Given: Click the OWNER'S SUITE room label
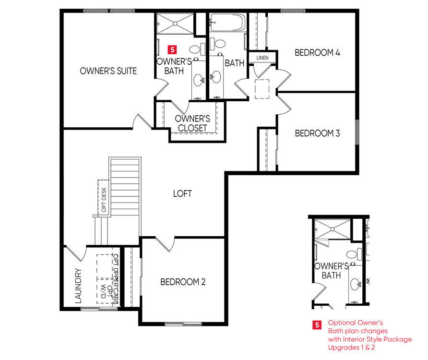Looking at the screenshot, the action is [x=108, y=71].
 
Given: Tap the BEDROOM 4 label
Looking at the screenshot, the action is [x=317, y=52].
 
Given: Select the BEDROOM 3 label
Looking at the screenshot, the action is [x=317, y=133].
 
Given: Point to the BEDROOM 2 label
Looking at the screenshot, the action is [x=183, y=282].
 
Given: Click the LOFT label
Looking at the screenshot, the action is [x=182, y=193].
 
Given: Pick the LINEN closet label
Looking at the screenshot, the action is [x=262, y=58].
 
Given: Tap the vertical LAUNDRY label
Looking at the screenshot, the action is [x=78, y=286].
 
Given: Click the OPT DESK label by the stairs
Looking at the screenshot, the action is [x=104, y=200].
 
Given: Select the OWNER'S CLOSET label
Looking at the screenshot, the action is [x=192, y=123].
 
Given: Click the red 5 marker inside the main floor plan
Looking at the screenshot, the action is [x=172, y=49].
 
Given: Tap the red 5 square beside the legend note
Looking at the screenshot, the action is [x=317, y=325].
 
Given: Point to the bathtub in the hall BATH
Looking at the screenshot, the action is [x=227, y=23].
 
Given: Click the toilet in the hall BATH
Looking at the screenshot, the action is [x=217, y=44].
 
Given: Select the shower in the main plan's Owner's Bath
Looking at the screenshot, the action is [x=175, y=24].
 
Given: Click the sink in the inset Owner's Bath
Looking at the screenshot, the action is [x=356, y=284].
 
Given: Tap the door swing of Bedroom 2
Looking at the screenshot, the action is [x=165, y=244].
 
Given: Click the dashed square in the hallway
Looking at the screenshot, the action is [x=262, y=89].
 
